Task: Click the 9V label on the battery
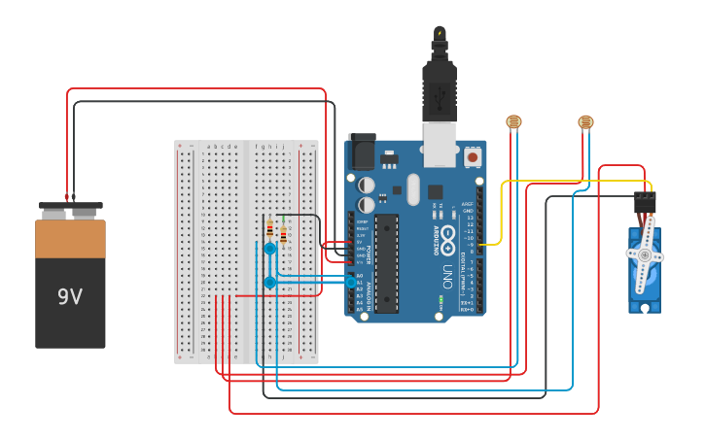(x=70, y=296)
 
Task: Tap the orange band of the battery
(x=70, y=239)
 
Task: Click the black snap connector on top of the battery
(x=70, y=207)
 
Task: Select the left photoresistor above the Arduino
(x=513, y=121)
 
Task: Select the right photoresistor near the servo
(x=585, y=121)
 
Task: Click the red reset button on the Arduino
(x=473, y=156)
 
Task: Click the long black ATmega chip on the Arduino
(x=387, y=262)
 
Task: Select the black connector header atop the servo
(x=645, y=202)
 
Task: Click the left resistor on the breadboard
(x=269, y=229)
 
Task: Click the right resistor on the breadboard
(x=283, y=234)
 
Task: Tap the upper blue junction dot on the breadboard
(x=270, y=249)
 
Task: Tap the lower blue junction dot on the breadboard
(x=270, y=283)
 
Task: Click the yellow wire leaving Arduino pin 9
(x=501, y=214)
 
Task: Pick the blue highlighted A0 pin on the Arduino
(x=351, y=281)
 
